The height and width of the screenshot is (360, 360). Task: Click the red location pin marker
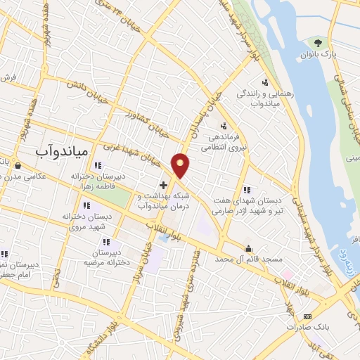181,165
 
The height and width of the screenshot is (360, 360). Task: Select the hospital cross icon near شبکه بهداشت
163,184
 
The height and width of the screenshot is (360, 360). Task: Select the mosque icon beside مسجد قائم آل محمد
248,248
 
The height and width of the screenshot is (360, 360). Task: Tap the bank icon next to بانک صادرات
307,317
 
